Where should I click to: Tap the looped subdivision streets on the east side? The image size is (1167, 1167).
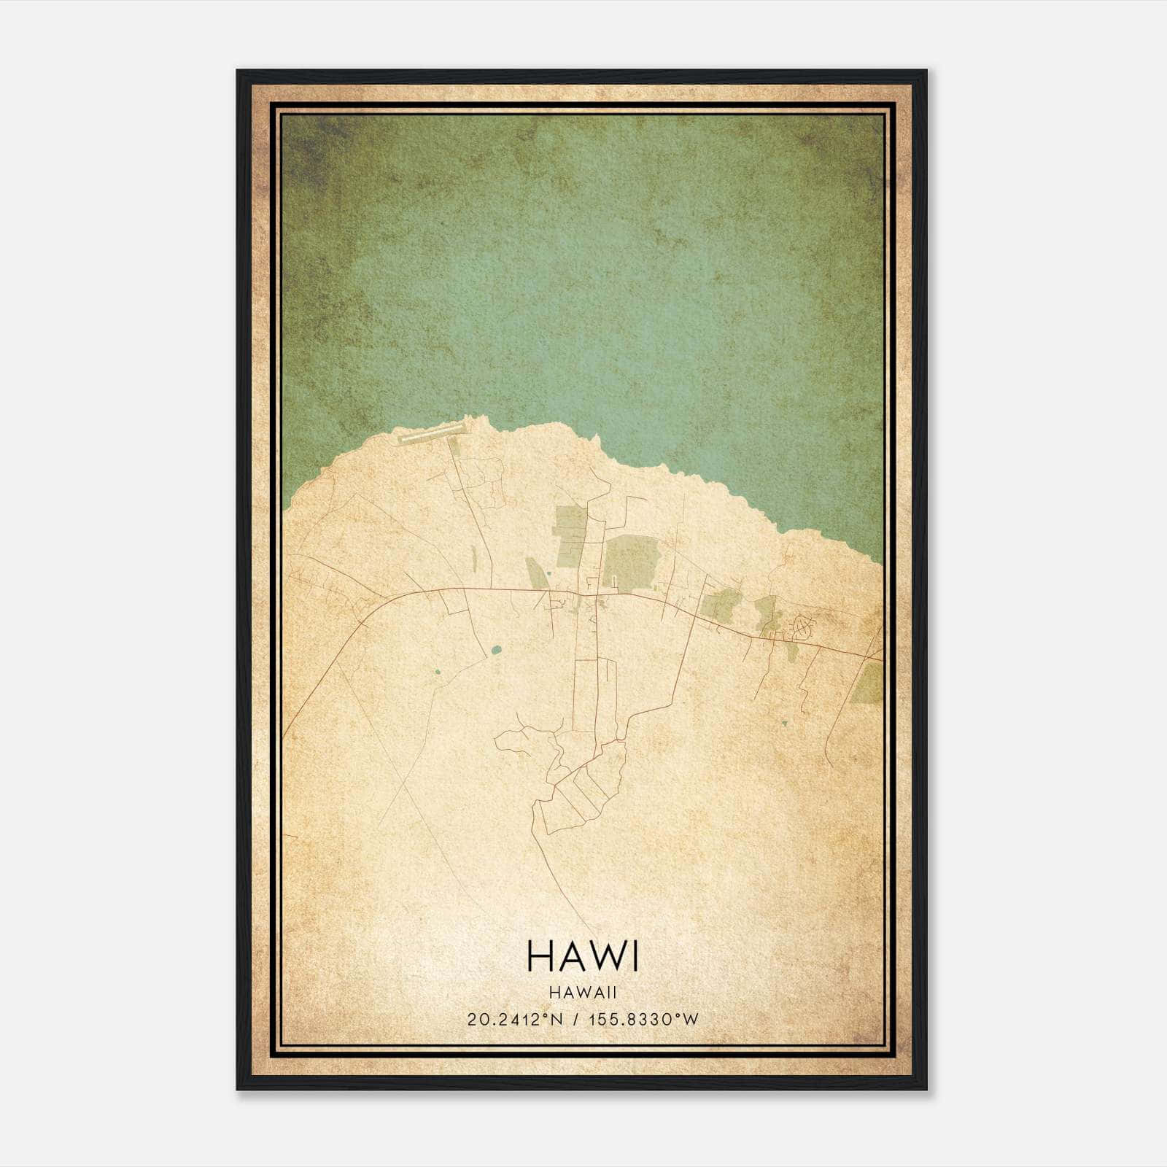coord(802,626)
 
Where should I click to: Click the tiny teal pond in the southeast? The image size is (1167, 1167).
coord(784,724)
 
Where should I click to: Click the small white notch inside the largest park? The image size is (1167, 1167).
coord(615,581)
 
